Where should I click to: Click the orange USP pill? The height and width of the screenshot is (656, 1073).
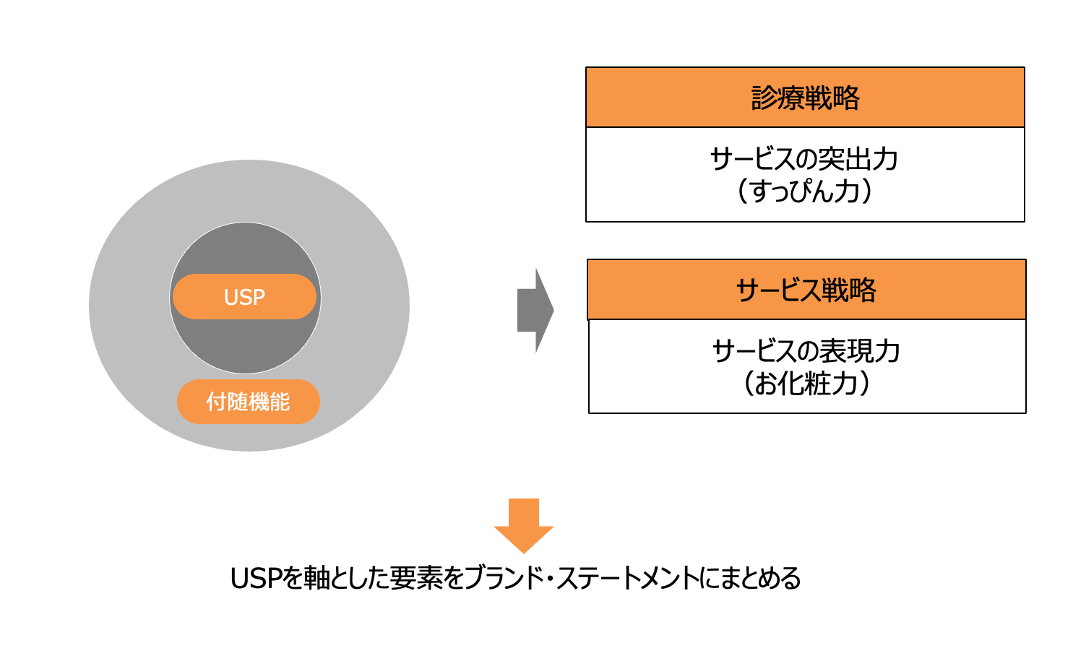click(244, 297)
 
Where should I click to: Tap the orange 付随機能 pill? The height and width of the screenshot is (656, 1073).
click(248, 401)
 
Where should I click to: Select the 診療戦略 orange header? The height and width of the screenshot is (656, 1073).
click(805, 98)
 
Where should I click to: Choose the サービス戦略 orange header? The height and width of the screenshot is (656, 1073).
click(806, 290)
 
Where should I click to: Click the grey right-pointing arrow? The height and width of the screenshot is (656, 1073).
click(535, 310)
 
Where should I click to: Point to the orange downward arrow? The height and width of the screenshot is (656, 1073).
click(524, 525)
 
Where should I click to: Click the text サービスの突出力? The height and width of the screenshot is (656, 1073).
click(804, 159)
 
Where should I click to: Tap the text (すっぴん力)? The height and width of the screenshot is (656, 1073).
click(804, 191)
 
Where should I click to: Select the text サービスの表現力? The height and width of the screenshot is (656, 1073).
click(806, 351)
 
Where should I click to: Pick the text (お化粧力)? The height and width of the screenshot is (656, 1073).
click(806, 383)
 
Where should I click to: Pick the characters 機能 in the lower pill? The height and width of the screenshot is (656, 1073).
click(269, 401)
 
